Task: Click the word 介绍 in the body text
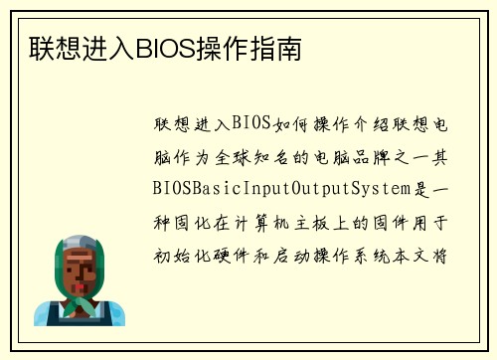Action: [x=366, y=124]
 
